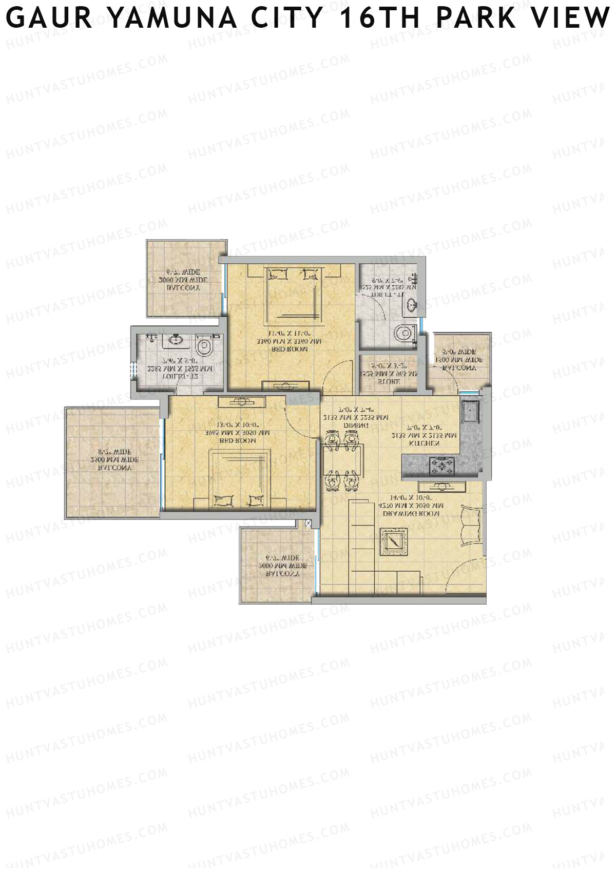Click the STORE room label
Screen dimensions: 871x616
pos(389,381)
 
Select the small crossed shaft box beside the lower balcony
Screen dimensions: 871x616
pos(308,524)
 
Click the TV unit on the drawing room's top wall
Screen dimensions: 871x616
pos(441,486)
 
